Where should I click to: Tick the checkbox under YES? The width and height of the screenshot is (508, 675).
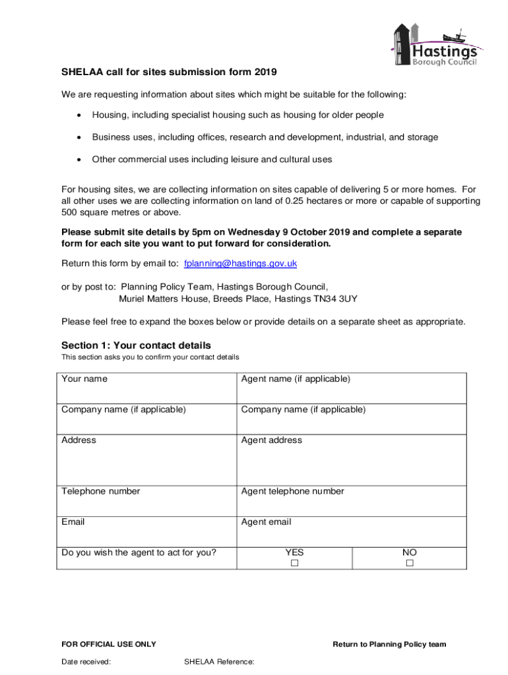[x=294, y=564]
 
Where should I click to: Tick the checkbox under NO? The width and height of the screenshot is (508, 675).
[x=409, y=564]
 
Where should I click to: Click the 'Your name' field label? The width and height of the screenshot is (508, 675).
[x=84, y=379]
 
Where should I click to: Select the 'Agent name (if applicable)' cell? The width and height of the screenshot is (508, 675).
[x=296, y=379]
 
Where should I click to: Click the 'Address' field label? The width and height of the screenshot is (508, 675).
[x=79, y=440]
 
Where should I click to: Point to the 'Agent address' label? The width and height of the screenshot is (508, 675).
[x=272, y=440]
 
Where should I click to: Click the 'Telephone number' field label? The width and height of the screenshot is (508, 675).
[x=100, y=491]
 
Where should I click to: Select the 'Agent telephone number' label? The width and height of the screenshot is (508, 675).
[x=292, y=491]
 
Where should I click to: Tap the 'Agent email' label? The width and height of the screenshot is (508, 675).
[x=266, y=522]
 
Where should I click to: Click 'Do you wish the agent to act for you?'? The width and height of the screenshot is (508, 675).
[x=139, y=552]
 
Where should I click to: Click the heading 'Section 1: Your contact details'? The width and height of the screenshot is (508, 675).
[x=136, y=345]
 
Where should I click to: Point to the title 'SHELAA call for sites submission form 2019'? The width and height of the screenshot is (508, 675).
[x=169, y=72]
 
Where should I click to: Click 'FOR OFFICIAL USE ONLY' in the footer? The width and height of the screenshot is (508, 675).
[x=108, y=644]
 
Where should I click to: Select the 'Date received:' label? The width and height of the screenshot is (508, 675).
[x=86, y=662]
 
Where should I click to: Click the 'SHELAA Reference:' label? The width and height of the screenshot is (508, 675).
[x=219, y=662]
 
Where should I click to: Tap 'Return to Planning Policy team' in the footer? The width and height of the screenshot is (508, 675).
[x=389, y=644]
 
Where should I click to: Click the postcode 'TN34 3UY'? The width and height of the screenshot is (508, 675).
[x=336, y=298]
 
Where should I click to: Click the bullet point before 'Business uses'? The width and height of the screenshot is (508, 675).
[x=79, y=138]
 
